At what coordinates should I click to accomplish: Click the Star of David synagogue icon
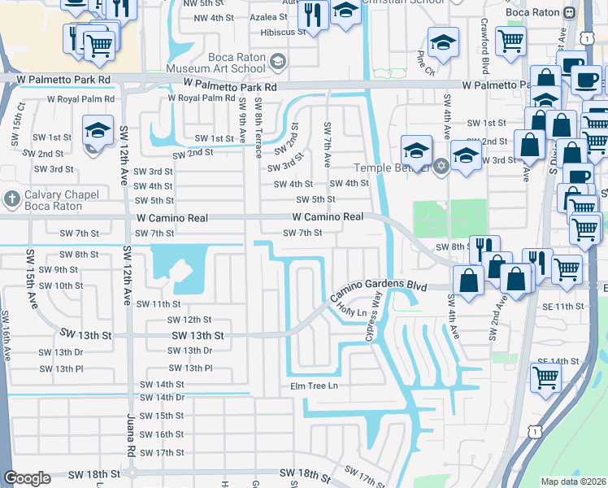click(x=441, y=166)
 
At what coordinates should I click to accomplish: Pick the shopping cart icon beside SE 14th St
click(x=545, y=377)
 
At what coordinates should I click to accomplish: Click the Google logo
click(x=27, y=478)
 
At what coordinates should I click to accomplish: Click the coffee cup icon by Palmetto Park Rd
click(x=585, y=81)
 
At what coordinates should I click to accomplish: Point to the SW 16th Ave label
click(x=7, y=335)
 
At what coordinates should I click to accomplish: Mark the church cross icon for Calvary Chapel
click(x=12, y=198)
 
